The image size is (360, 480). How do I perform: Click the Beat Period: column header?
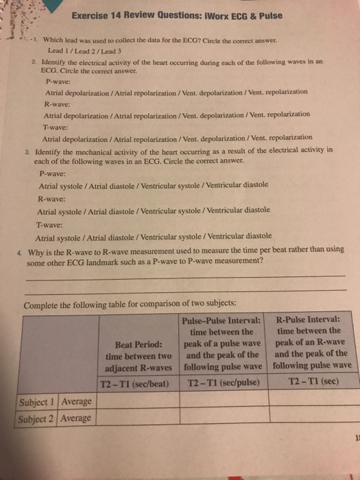tap(134, 344)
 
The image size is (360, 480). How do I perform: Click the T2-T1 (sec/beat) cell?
tap(134, 381)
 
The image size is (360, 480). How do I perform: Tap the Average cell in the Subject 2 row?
tap(76, 418)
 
